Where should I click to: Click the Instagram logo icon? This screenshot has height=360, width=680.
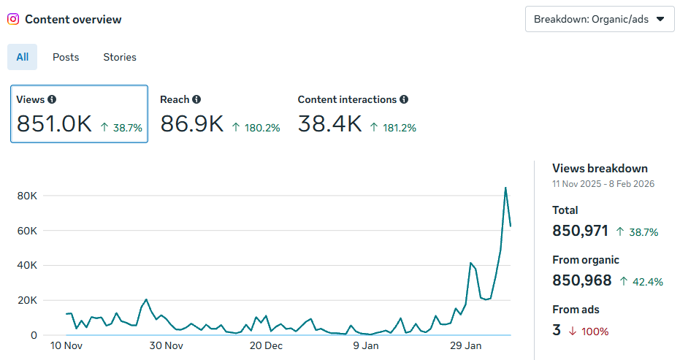coord(13,20)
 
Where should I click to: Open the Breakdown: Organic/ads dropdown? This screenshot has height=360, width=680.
coord(599,19)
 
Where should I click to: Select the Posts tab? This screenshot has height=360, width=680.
coord(66,57)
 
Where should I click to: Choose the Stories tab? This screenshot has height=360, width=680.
coord(120,57)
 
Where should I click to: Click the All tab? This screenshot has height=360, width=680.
coord(23,57)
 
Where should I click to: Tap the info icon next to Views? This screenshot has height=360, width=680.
coord(52,99)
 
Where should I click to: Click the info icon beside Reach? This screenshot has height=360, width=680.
coord(197,99)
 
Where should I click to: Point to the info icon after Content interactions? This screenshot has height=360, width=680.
coord(404,99)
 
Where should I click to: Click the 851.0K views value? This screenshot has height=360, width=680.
coord(54,124)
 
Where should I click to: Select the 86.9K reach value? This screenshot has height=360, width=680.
coord(191,124)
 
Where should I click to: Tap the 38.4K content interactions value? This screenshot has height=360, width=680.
coord(329,124)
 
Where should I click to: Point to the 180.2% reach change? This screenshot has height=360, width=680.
coord(256,128)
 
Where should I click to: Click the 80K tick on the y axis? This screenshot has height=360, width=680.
coord(27,196)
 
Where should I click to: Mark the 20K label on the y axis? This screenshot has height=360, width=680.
coord(27,300)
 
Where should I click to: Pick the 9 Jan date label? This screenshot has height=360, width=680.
coord(365,345)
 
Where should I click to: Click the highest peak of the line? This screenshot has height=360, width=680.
coord(505,188)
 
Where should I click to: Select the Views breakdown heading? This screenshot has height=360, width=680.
coord(600,169)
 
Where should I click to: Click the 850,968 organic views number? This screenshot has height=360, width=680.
coord(582,280)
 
